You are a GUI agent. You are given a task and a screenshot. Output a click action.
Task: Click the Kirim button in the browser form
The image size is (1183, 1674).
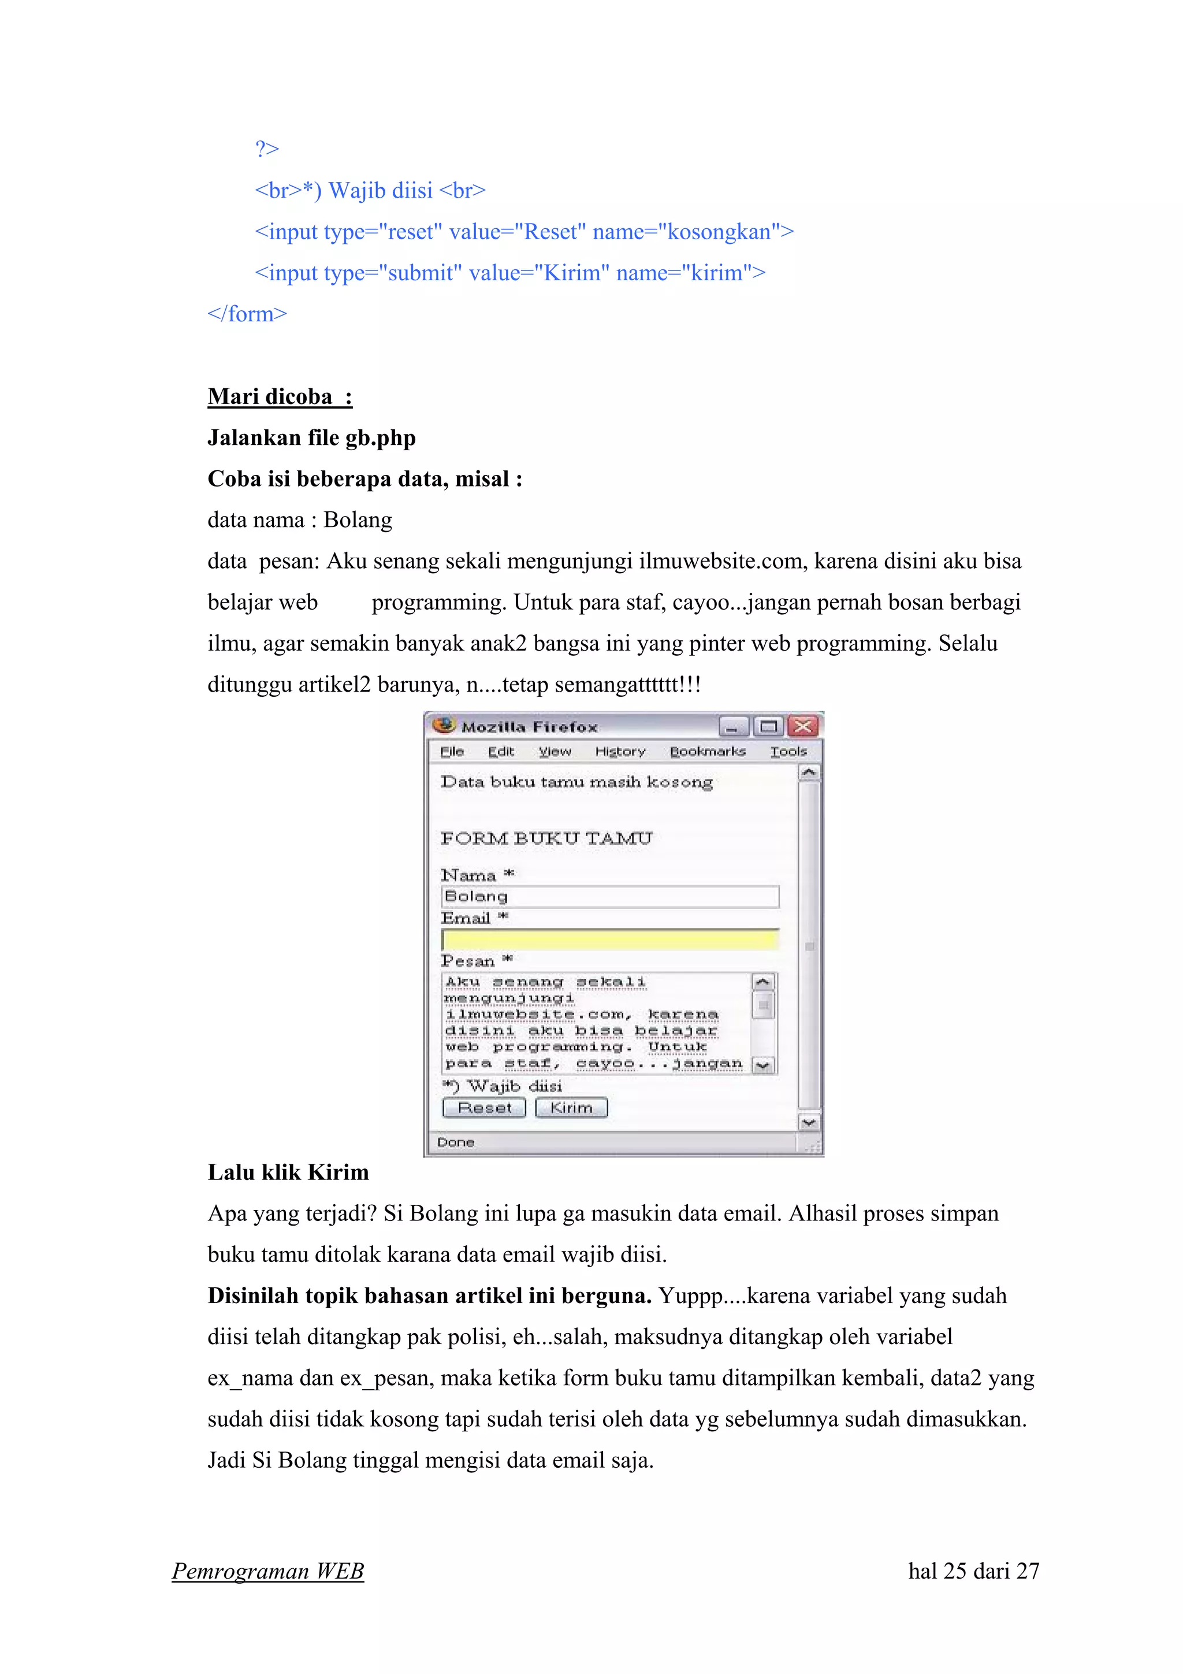point(571,1108)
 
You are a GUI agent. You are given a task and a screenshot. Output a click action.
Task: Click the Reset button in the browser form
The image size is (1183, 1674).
point(484,1108)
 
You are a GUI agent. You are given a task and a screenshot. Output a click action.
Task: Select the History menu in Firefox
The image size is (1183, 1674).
point(620,752)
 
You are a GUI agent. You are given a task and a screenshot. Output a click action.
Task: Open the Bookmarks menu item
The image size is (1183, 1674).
point(707,752)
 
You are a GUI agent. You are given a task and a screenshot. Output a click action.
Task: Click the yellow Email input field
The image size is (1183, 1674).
point(610,939)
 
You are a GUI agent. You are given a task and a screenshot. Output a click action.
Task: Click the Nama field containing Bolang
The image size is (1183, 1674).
point(610,897)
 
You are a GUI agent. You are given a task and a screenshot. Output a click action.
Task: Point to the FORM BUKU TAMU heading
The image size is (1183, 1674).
point(546,838)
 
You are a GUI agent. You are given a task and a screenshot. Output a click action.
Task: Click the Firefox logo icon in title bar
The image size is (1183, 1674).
point(443,725)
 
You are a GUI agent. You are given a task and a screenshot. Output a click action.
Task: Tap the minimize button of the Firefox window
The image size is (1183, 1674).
point(732,727)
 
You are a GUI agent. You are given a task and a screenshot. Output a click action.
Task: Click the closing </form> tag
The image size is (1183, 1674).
point(247,314)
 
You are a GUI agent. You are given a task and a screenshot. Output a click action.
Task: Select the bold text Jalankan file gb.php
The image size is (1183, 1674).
point(311,437)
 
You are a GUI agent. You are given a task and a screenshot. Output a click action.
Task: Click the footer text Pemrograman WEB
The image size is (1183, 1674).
point(267,1571)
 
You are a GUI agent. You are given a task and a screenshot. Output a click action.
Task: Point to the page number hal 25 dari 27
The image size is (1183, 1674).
point(973,1571)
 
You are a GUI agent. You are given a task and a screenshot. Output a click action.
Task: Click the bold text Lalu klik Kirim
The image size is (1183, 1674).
point(288,1172)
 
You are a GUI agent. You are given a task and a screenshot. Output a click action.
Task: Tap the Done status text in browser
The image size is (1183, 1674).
point(456,1142)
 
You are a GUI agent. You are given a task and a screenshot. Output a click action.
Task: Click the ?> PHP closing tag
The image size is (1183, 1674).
point(267,149)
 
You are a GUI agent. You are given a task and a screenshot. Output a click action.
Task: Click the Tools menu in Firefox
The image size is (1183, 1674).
point(788,752)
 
